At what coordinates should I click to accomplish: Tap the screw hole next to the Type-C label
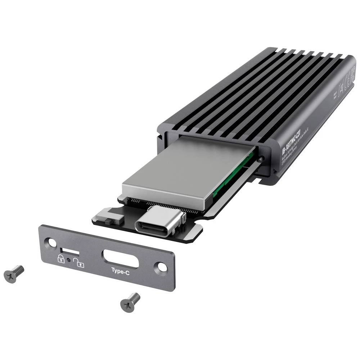click(x=161, y=267)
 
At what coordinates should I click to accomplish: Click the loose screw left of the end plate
click(x=14, y=273)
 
